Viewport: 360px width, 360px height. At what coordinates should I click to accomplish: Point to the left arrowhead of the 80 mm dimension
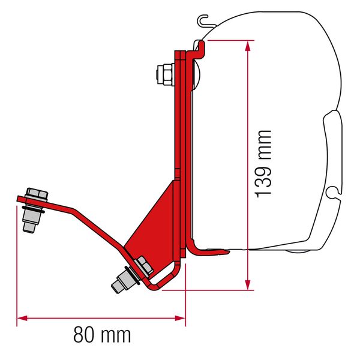20,318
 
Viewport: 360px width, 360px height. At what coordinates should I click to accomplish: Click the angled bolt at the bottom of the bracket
130,275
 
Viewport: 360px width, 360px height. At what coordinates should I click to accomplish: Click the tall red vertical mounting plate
179,120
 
